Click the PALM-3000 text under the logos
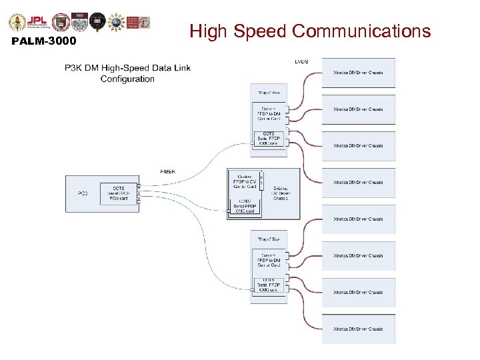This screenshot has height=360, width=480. pyautogui.click(x=44, y=42)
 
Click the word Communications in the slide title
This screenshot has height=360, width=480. pyautogui.click(x=361, y=31)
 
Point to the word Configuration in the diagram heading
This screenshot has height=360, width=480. pyautogui.click(x=127, y=79)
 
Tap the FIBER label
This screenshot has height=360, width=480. pyautogui.click(x=168, y=171)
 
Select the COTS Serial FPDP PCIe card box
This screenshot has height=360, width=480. pyautogui.click(x=119, y=193)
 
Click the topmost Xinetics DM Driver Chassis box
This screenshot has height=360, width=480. pyautogui.click(x=359, y=73)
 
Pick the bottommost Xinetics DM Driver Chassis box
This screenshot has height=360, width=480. pyautogui.click(x=359, y=329)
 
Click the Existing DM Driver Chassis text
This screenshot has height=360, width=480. pyautogui.click(x=281, y=193)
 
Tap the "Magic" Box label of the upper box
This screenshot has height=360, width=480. pyautogui.click(x=264, y=93)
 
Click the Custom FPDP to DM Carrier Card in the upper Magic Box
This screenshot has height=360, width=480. pyautogui.click(x=269, y=114)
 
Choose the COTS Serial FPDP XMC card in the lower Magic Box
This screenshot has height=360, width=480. pyautogui.click(x=269, y=285)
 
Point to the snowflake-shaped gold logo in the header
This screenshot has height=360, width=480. pyautogui.click(x=117, y=21)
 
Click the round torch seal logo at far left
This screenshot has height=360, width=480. pyautogui.click(x=17, y=21)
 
